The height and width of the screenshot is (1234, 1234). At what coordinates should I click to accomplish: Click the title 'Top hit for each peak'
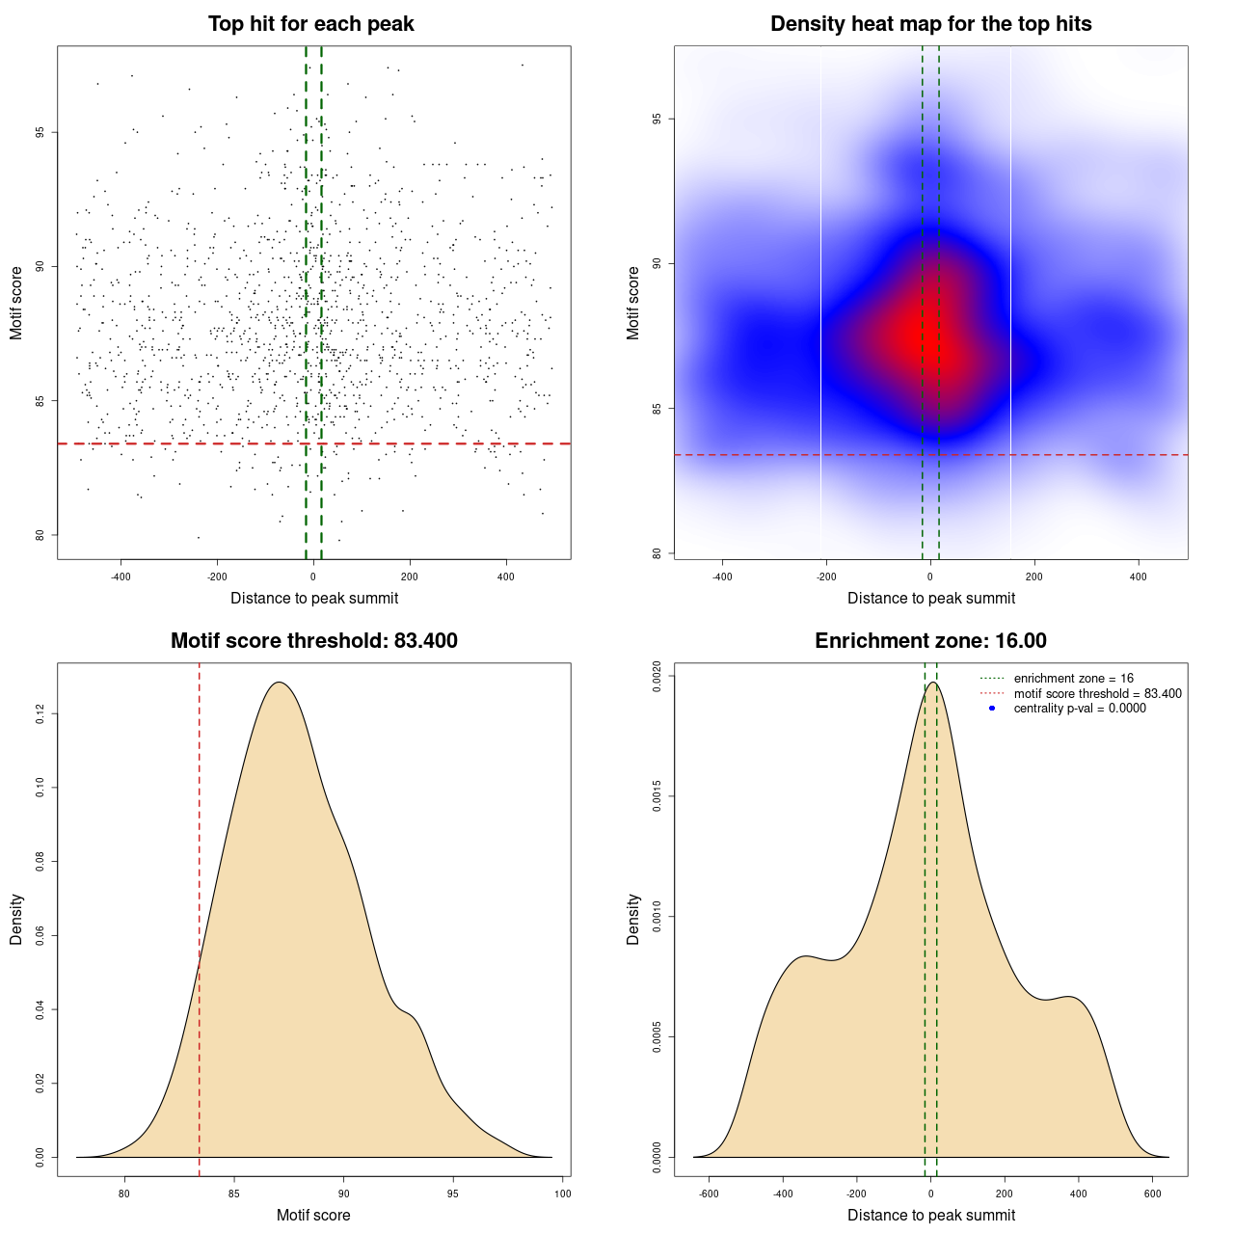310,24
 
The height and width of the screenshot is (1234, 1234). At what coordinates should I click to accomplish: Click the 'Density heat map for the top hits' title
930,24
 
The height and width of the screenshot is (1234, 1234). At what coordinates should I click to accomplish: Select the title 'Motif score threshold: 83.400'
313,641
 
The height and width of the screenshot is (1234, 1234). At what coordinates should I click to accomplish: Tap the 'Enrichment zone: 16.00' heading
930,641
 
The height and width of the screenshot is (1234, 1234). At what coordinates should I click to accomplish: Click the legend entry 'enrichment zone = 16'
1073,679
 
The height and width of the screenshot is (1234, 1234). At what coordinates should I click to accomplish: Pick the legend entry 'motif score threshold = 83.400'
1097,693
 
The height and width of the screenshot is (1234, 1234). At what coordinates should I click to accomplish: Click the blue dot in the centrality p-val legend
992,709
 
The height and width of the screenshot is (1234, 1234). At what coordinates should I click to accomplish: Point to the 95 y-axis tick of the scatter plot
40,132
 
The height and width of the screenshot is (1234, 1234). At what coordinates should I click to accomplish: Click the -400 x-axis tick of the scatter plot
121,577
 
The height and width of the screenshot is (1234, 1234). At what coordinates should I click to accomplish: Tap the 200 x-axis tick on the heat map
1034,577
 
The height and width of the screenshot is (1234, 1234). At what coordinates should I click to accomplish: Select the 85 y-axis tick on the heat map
657,409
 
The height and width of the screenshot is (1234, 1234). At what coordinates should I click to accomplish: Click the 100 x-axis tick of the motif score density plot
563,1194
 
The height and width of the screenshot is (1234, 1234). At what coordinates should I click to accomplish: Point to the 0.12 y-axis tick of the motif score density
40,713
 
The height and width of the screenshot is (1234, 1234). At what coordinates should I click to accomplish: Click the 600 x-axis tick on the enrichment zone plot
1152,1194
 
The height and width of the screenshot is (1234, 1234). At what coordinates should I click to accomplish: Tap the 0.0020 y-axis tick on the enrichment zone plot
657,676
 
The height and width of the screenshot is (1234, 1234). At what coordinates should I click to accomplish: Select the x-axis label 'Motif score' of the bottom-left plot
313,1215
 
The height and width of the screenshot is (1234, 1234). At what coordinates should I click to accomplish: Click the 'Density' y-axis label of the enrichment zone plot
633,919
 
